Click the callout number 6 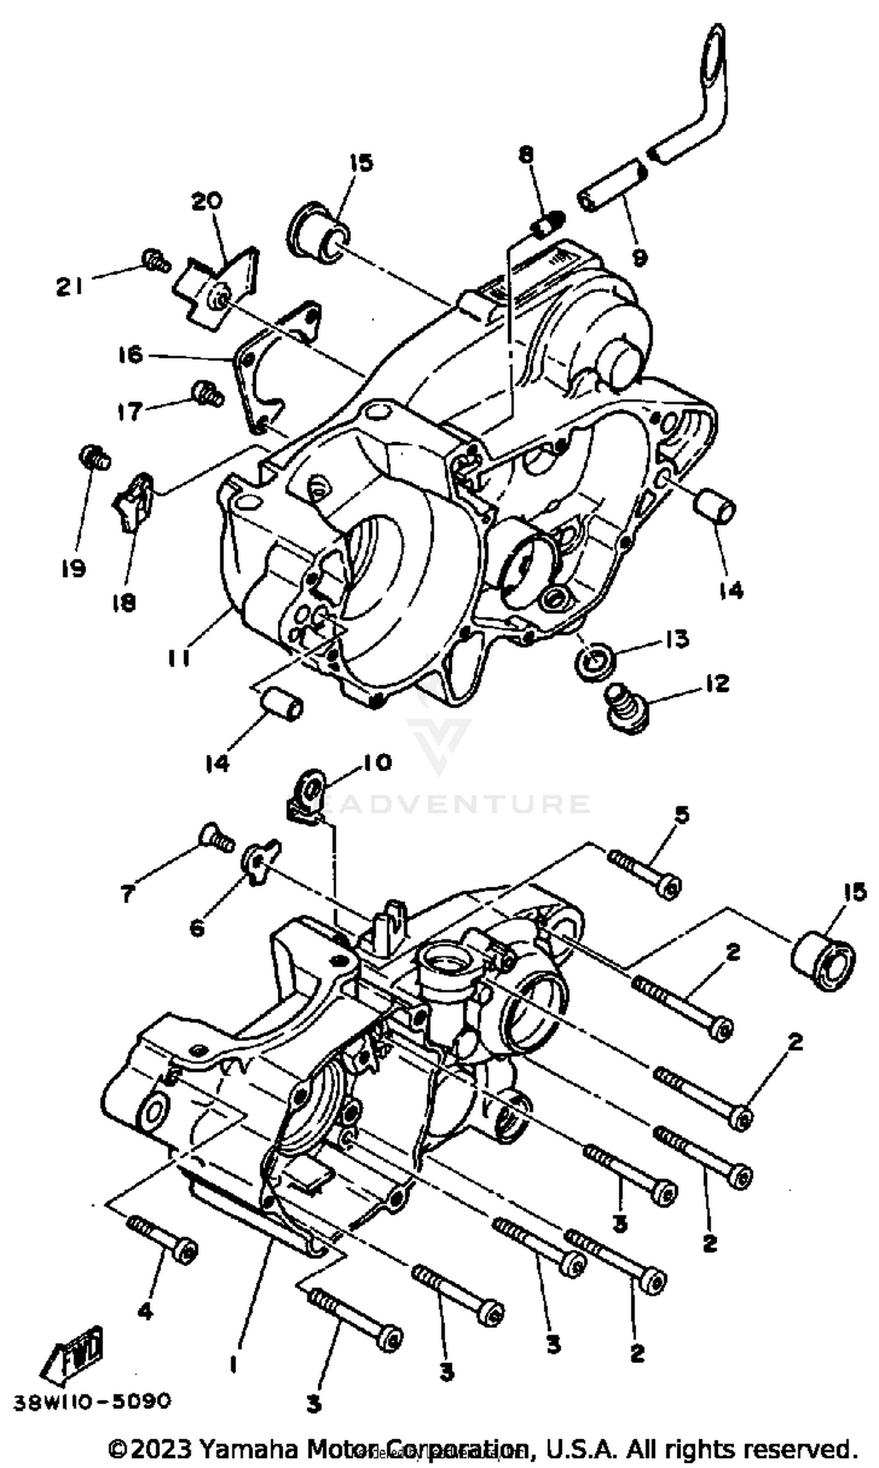(x=197, y=927)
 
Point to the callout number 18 (x=125, y=604)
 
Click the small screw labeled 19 (x=95, y=458)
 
